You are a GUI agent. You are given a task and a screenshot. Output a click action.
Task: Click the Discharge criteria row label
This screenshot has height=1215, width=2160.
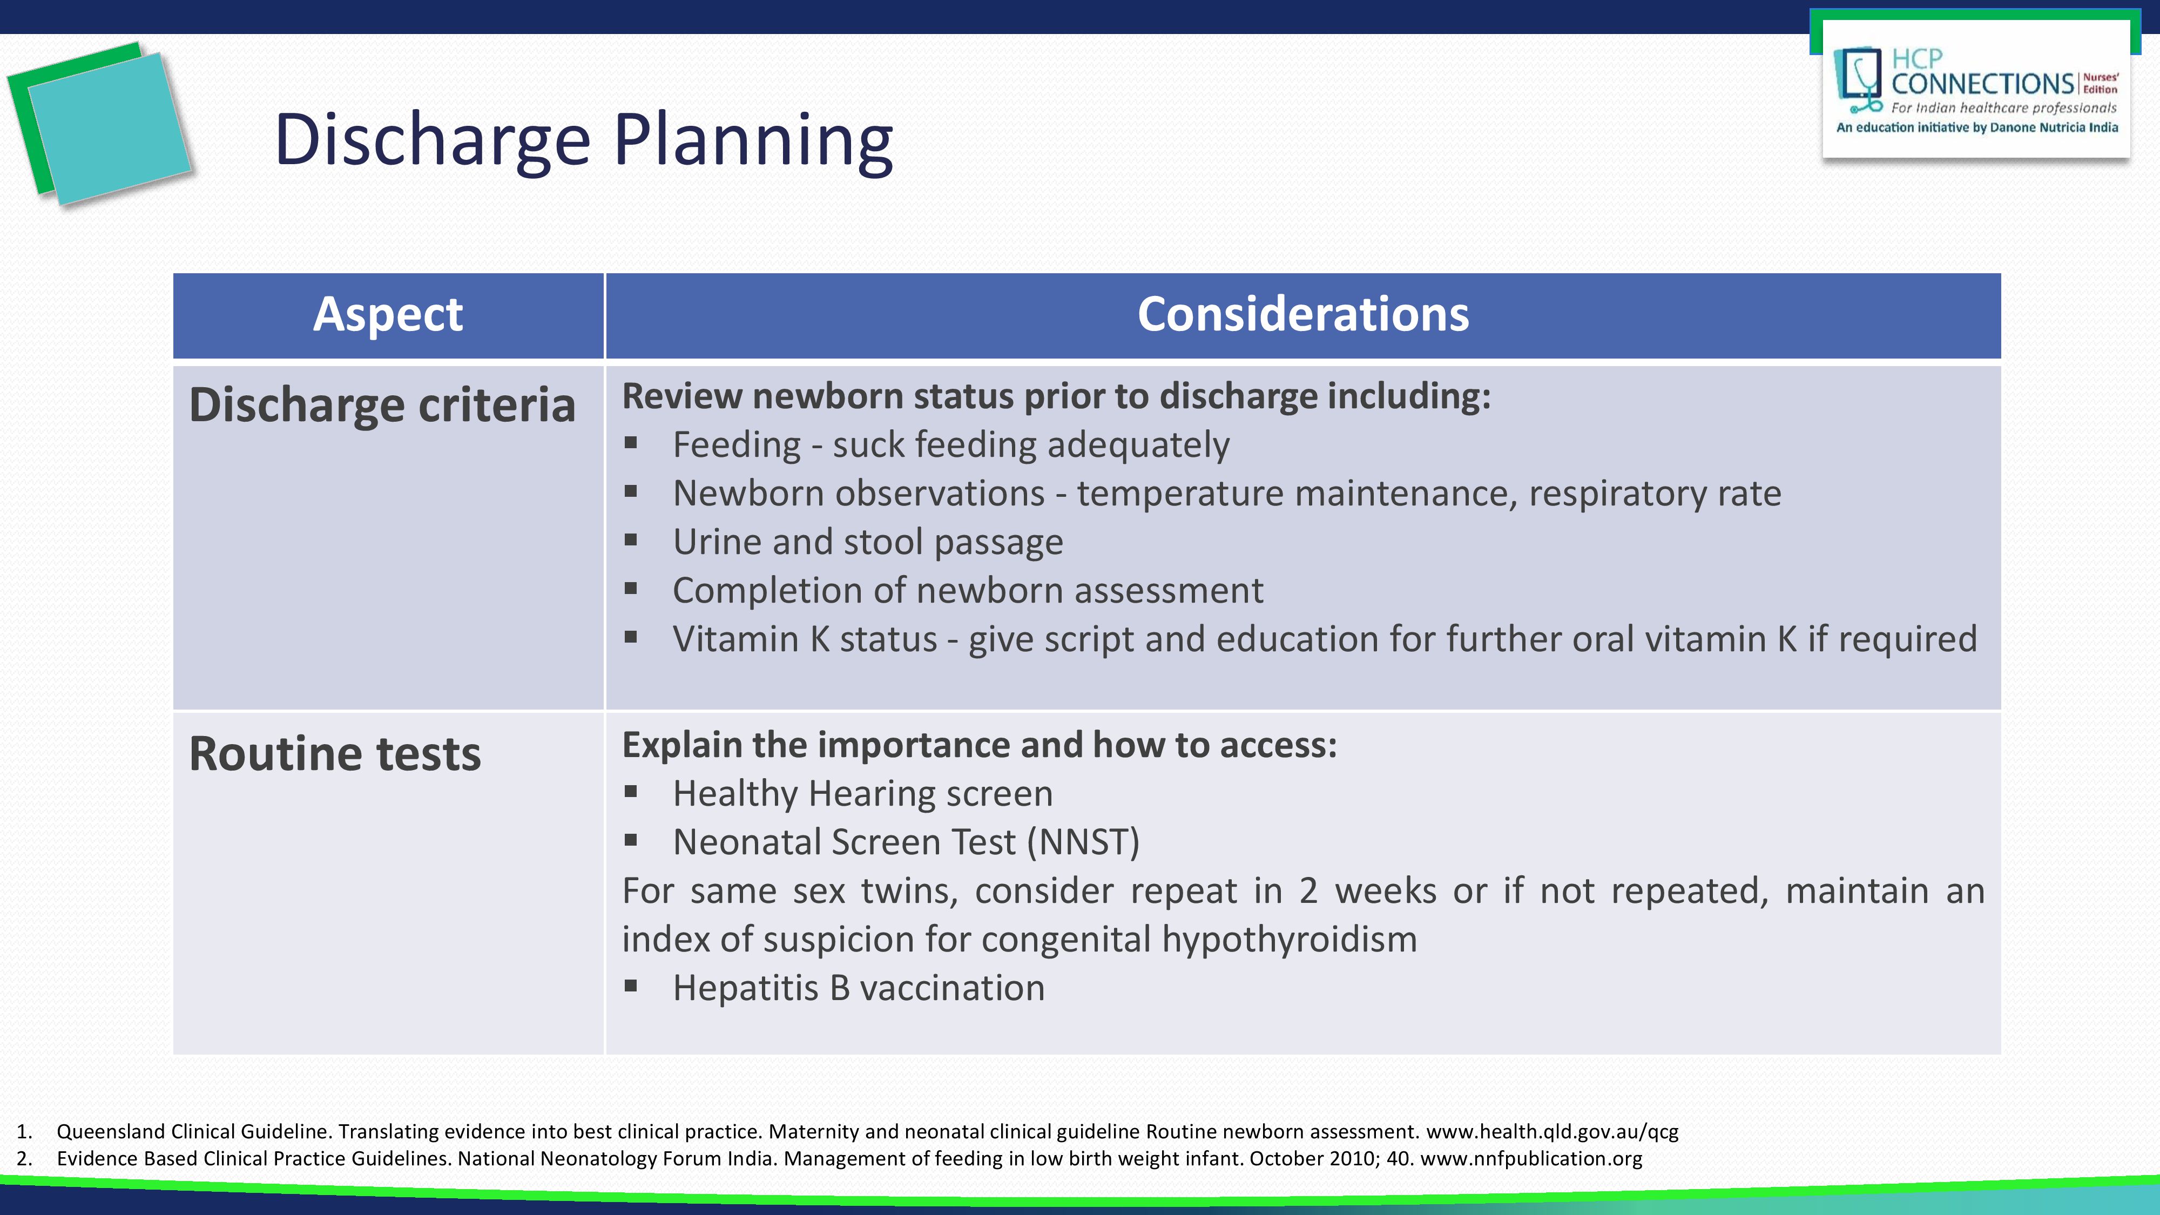click(x=382, y=405)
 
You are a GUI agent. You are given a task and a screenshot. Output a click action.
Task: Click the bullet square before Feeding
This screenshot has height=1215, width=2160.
click(x=631, y=443)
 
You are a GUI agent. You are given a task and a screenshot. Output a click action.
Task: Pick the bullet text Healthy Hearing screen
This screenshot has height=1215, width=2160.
click(x=862, y=794)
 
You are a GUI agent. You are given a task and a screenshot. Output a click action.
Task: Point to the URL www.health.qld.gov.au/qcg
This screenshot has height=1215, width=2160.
click(x=1552, y=1132)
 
